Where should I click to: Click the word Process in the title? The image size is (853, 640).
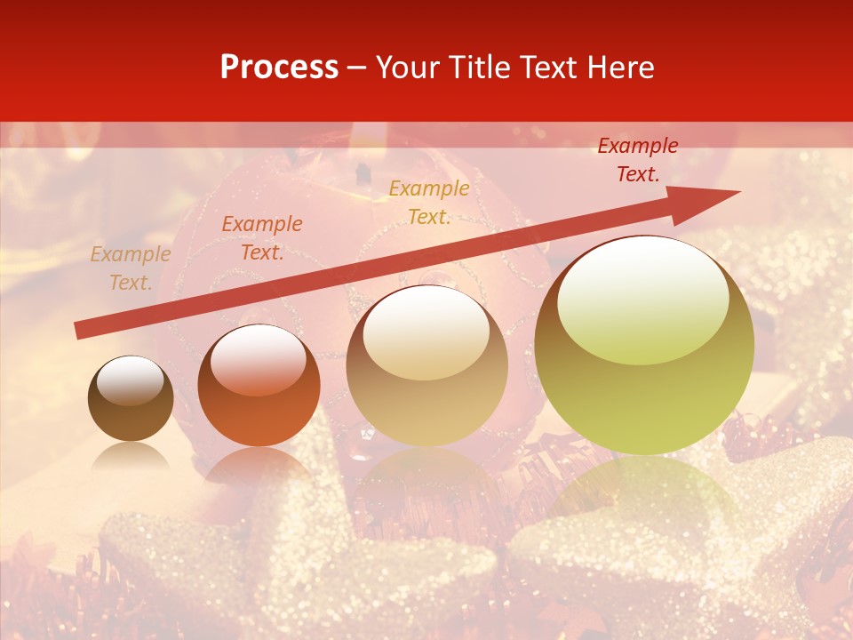tap(279, 68)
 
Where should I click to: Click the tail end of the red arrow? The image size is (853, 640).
tap(80, 331)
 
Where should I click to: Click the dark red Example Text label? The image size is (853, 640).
tap(637, 160)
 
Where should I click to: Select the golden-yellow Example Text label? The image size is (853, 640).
tap(428, 203)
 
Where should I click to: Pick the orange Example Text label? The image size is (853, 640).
tap(261, 238)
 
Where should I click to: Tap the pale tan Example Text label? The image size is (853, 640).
tap(130, 268)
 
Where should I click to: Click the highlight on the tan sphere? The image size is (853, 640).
tap(426, 333)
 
